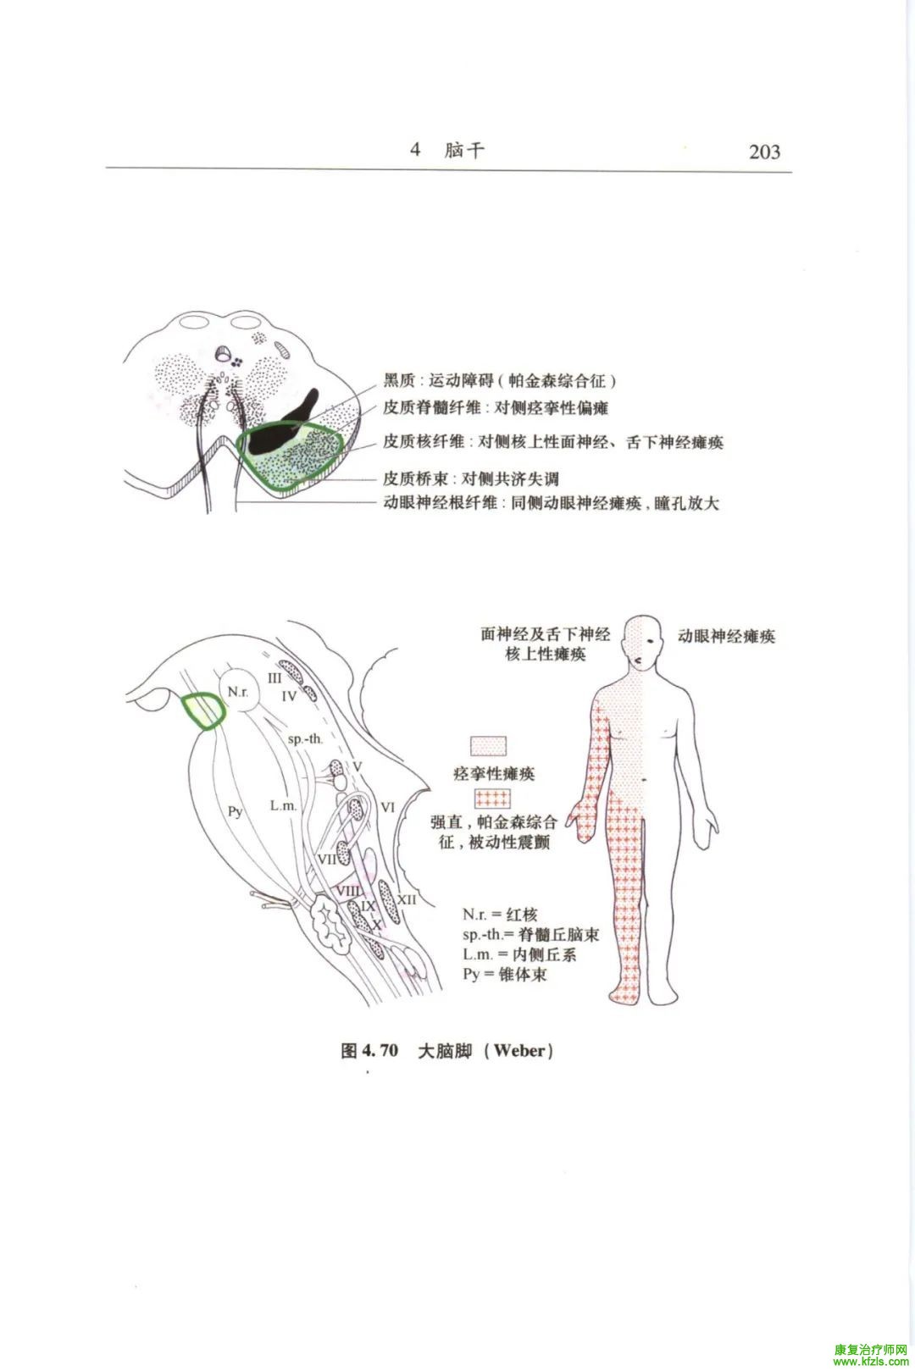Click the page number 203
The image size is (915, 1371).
[x=764, y=152]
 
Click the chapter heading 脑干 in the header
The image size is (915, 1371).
[x=465, y=150]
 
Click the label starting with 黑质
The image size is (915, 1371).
[x=500, y=381]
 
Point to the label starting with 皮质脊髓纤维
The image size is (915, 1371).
[x=496, y=407]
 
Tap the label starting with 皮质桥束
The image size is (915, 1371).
[x=471, y=478]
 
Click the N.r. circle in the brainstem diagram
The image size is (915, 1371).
[x=237, y=692]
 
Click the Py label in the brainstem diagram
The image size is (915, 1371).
[x=236, y=812]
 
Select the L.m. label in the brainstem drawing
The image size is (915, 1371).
[x=283, y=806]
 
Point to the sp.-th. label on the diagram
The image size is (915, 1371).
[x=305, y=738]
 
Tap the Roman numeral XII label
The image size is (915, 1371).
[x=407, y=899]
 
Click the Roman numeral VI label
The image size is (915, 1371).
[x=388, y=807]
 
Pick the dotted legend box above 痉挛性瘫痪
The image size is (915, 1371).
[x=488, y=746]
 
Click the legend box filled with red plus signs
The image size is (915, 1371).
[x=492, y=798]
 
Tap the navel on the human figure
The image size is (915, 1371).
[x=644, y=779]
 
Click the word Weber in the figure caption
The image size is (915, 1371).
[x=519, y=1051]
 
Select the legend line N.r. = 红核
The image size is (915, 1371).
[x=500, y=915]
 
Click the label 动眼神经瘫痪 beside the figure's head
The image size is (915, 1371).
[x=726, y=636]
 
